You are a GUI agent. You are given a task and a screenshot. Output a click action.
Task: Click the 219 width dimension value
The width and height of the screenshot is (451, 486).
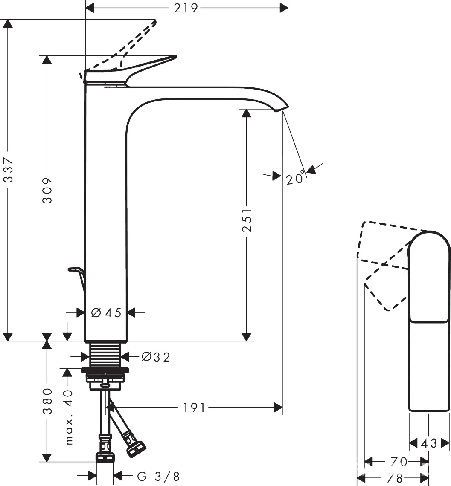pos(186,9)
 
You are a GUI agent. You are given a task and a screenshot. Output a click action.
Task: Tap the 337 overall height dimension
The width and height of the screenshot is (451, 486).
pos(9,170)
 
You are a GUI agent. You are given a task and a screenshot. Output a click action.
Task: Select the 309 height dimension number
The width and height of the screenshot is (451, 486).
pos(47,190)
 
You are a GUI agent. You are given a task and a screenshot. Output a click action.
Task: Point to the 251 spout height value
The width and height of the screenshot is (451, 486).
pos(247,220)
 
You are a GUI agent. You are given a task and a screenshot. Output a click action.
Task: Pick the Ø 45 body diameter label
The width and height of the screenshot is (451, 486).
pos(106,313)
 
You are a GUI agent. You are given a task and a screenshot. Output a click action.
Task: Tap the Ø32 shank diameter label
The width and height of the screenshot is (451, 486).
pos(156,357)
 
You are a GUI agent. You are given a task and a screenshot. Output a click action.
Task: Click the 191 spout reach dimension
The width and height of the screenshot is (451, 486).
pos(194,408)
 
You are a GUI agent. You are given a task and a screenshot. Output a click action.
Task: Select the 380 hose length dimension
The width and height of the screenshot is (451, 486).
pos(47,401)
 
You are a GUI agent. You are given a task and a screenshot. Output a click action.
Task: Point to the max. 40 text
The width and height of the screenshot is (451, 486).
pos(69,417)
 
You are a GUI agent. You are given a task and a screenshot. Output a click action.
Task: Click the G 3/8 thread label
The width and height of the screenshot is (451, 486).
pos(158,476)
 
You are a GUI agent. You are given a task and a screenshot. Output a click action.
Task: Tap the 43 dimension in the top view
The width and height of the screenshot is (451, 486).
pos(429,443)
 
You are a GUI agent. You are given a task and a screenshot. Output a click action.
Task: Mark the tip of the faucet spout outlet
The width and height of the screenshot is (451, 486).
pos(288,107)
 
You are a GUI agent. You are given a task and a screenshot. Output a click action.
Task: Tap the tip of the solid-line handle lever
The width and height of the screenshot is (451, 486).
pos(175,56)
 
